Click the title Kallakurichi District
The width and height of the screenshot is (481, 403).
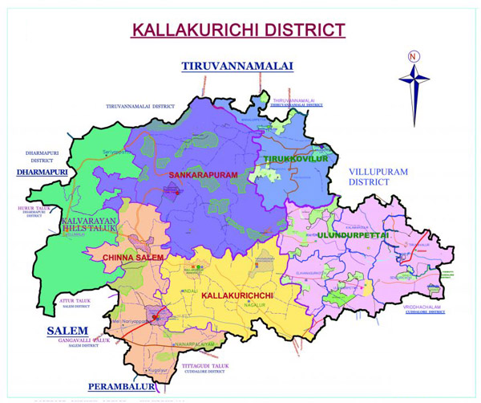tap(238, 31)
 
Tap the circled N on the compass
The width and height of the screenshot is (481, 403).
tap(413, 56)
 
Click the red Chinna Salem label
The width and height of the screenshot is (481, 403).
tap(132, 257)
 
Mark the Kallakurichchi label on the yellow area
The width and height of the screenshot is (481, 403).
tap(239, 296)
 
